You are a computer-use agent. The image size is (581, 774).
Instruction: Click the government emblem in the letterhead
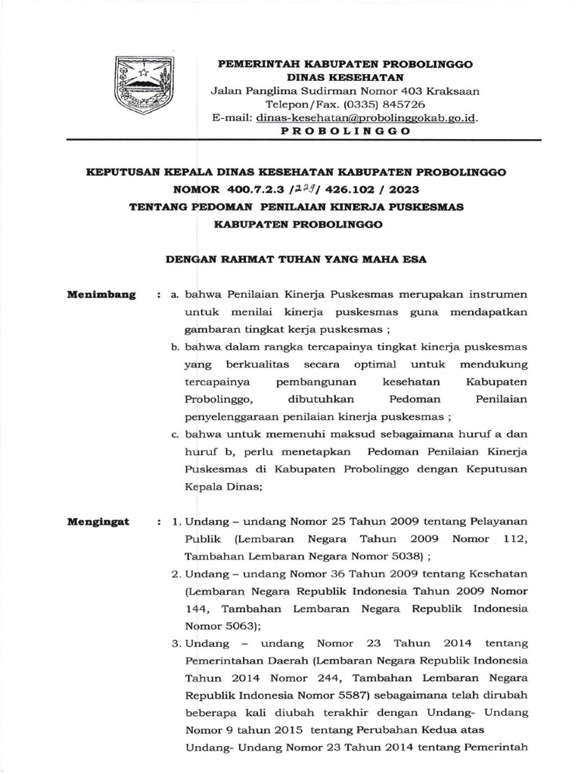coord(140,85)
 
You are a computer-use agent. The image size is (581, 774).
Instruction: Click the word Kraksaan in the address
coord(455,91)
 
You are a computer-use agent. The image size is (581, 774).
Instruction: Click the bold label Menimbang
coord(101,295)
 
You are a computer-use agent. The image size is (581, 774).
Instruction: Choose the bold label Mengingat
coord(98,522)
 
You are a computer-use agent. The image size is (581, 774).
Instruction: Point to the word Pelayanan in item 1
coord(497,522)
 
